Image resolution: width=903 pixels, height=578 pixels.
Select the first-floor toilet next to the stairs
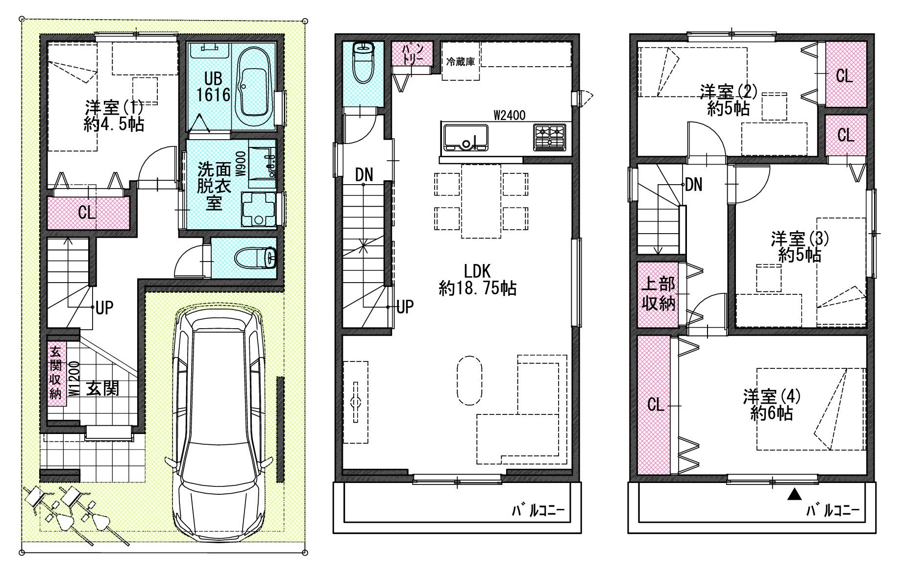255,258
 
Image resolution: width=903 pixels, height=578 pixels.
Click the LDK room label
477,279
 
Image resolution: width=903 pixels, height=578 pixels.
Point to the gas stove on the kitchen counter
550,137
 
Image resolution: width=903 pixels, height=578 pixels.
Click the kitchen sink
465,137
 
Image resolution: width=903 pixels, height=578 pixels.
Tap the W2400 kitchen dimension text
510,115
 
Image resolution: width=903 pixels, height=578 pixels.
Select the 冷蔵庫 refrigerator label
460,62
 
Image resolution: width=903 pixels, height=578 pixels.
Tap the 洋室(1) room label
114,116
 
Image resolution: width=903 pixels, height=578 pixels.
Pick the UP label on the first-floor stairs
104,308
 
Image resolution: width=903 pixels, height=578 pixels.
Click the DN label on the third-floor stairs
694,185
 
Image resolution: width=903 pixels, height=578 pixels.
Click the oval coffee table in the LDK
469,380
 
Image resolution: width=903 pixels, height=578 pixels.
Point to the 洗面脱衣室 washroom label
214,186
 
